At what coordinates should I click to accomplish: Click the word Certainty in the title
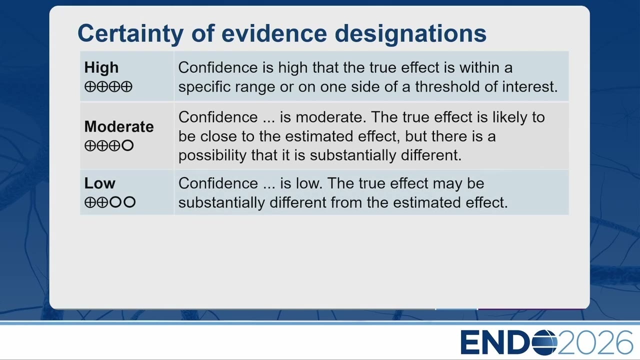130,33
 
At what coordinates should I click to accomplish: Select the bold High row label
101,67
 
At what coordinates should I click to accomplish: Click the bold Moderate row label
119,126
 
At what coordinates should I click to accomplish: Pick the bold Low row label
99,183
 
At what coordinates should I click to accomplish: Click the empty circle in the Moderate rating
127,145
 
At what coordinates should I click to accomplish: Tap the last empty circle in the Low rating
129,202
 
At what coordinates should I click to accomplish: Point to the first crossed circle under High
90,86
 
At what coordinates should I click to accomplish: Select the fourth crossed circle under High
126,86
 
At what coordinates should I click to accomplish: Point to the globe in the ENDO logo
544,342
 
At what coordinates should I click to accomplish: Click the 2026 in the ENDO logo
595,342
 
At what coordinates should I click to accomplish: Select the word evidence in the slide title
274,33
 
